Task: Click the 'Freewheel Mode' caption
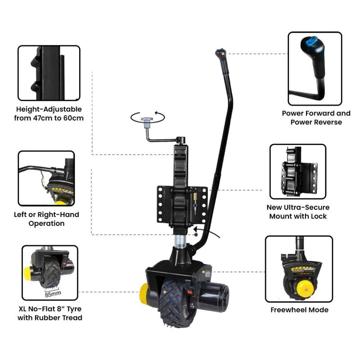(x=299, y=310)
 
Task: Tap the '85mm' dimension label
(x=54, y=295)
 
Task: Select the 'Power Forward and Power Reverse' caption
(x=316, y=117)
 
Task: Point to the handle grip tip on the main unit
(x=220, y=53)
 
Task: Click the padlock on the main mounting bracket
(x=196, y=199)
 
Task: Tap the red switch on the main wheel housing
(x=189, y=291)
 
